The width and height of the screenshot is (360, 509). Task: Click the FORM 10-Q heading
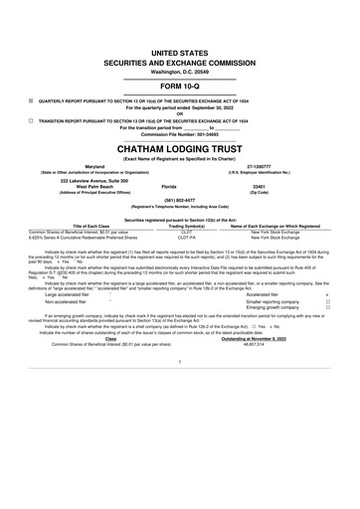[179, 85]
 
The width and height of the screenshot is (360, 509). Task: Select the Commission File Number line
[179, 134]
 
